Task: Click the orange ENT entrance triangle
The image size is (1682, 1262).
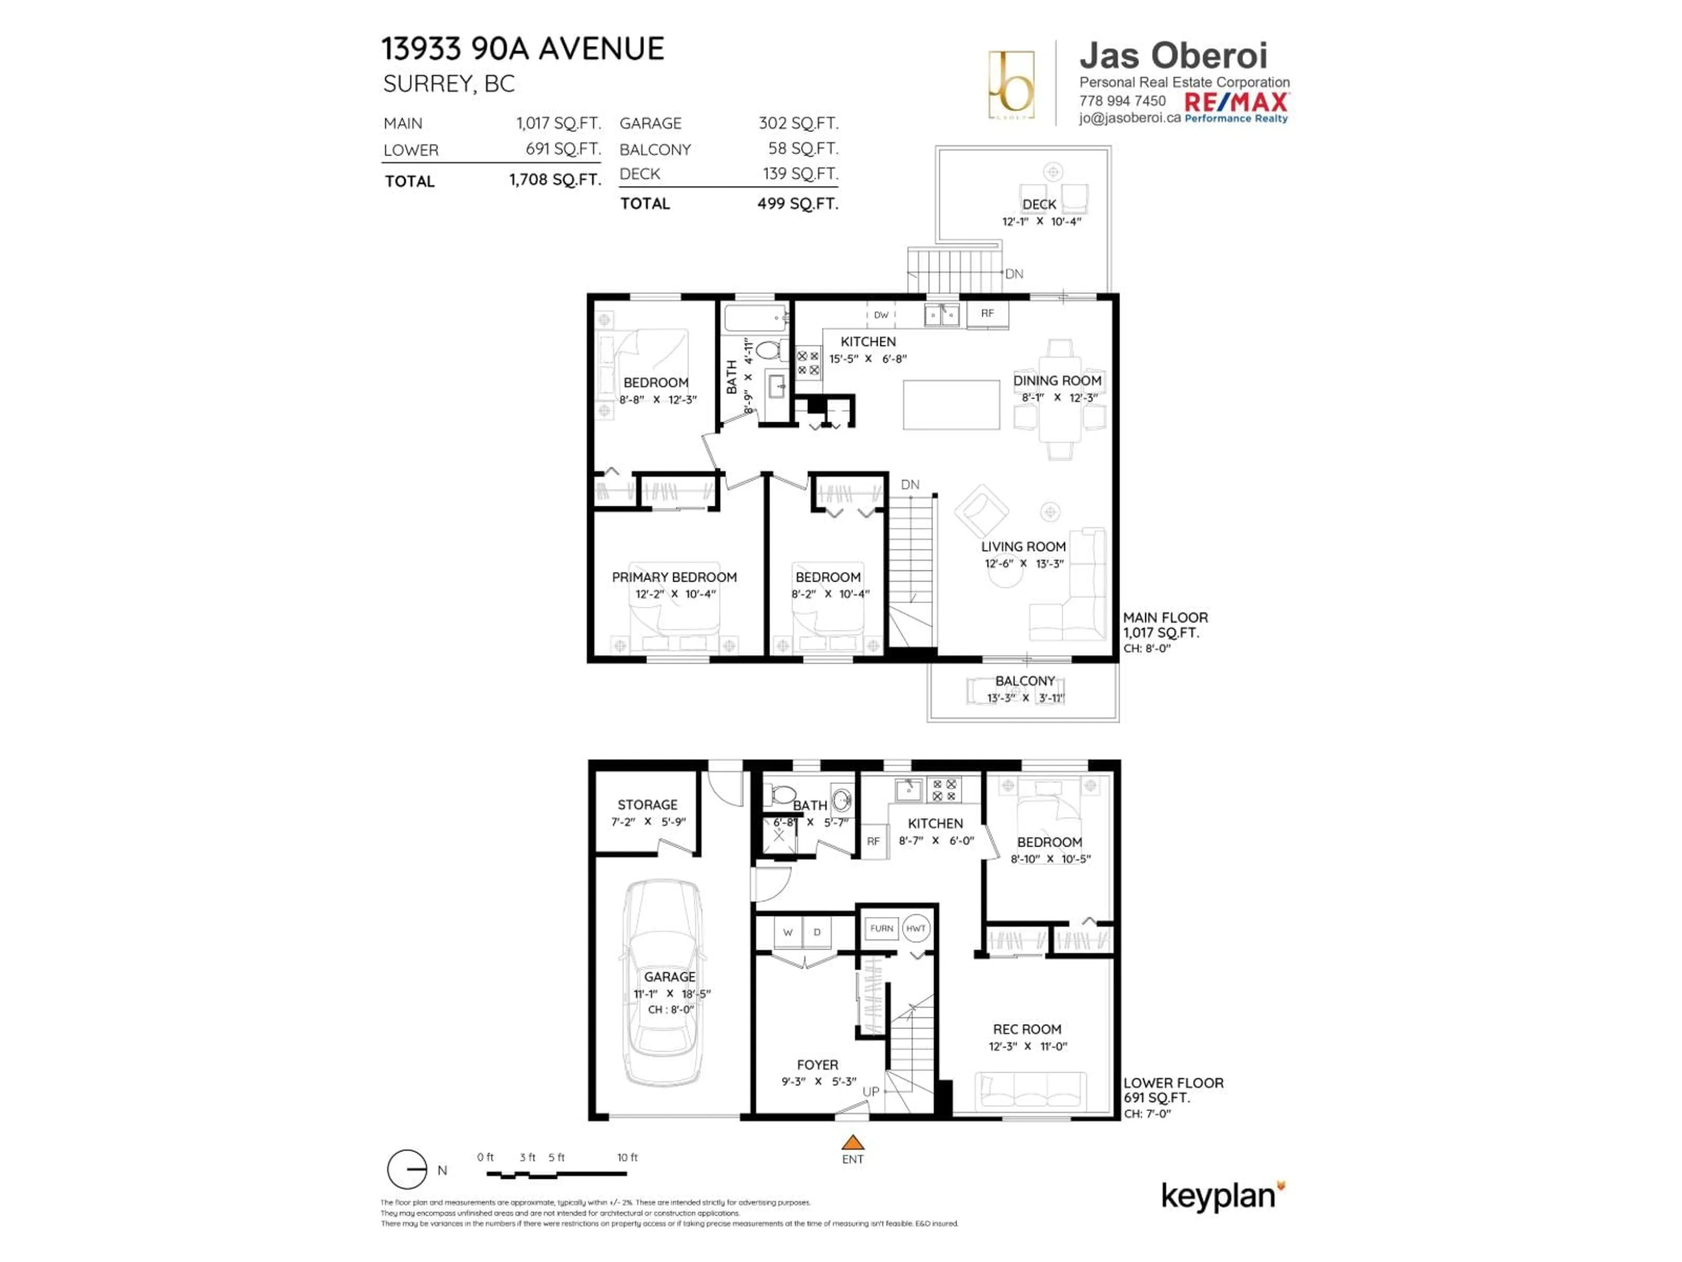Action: click(852, 1142)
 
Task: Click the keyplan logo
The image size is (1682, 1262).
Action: click(1220, 1196)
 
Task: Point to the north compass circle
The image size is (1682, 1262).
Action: click(407, 1169)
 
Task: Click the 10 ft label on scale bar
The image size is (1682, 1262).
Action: click(627, 1157)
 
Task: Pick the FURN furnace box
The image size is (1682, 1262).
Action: click(881, 928)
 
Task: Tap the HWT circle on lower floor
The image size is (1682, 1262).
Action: click(915, 928)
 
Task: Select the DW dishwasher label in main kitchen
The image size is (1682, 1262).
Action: click(880, 315)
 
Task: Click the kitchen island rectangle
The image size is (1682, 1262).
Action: click(951, 405)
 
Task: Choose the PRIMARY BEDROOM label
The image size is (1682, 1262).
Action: click(674, 578)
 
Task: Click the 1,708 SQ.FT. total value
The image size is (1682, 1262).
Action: click(555, 180)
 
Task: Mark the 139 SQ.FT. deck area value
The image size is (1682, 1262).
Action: click(800, 174)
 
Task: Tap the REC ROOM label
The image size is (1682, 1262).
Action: click(1027, 1029)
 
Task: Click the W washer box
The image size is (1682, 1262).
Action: click(788, 932)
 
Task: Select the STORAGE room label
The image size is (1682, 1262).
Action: click(647, 805)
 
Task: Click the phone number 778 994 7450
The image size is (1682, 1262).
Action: click(1122, 101)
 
